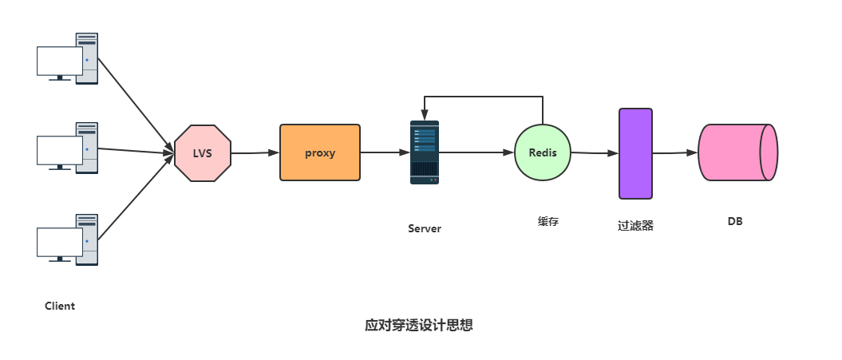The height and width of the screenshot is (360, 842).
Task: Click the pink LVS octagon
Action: tap(203, 152)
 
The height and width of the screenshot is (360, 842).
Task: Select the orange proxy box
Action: tap(320, 152)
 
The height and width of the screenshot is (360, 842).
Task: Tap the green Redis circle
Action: tap(543, 152)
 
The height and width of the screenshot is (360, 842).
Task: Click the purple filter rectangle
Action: tap(636, 153)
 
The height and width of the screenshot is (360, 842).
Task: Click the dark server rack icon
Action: tap(425, 152)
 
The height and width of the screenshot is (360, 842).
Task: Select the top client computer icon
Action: tap(68, 58)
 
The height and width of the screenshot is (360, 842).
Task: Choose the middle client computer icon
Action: tap(68, 147)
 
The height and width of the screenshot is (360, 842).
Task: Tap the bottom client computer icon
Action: tap(68, 239)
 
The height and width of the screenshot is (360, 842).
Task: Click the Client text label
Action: tap(60, 306)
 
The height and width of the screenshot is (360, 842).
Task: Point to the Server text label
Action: tap(425, 228)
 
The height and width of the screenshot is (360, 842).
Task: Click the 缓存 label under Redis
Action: tap(548, 222)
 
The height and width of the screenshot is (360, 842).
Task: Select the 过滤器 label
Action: tap(635, 225)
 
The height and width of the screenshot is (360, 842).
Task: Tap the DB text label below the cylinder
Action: tap(735, 221)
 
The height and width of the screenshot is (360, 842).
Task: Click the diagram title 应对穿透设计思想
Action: tap(419, 326)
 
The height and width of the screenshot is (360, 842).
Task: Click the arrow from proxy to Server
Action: tap(385, 152)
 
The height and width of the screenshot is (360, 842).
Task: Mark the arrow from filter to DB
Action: tap(675, 153)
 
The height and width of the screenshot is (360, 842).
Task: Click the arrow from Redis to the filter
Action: tap(595, 152)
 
